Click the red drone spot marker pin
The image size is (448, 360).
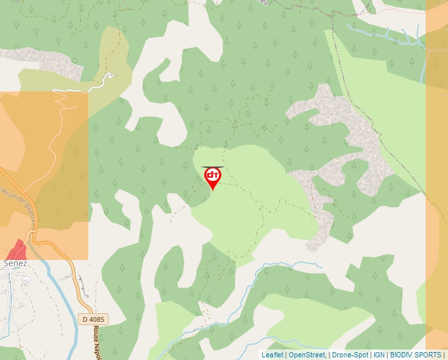(213, 176)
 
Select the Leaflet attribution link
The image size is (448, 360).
(272, 355)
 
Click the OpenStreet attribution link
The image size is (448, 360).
(307, 355)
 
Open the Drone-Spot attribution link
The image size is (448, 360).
(350, 355)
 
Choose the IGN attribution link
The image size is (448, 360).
(379, 355)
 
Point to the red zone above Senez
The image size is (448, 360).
(17, 250)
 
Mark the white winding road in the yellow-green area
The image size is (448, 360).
(86, 87)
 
